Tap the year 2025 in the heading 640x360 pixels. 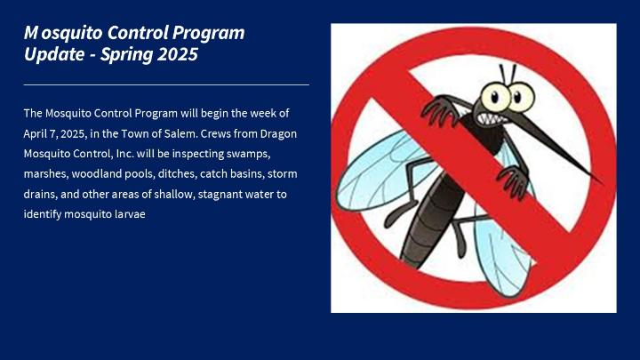178,54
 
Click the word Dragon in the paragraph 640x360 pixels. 278,134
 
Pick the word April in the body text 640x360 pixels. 36,134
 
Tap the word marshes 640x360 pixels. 46,174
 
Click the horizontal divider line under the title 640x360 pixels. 166,85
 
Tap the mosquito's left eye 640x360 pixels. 495,97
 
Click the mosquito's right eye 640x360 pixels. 520,97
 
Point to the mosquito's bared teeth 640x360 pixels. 490,119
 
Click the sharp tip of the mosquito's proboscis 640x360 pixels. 601,182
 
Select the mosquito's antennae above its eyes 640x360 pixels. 508,74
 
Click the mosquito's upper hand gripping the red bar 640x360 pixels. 441,109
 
